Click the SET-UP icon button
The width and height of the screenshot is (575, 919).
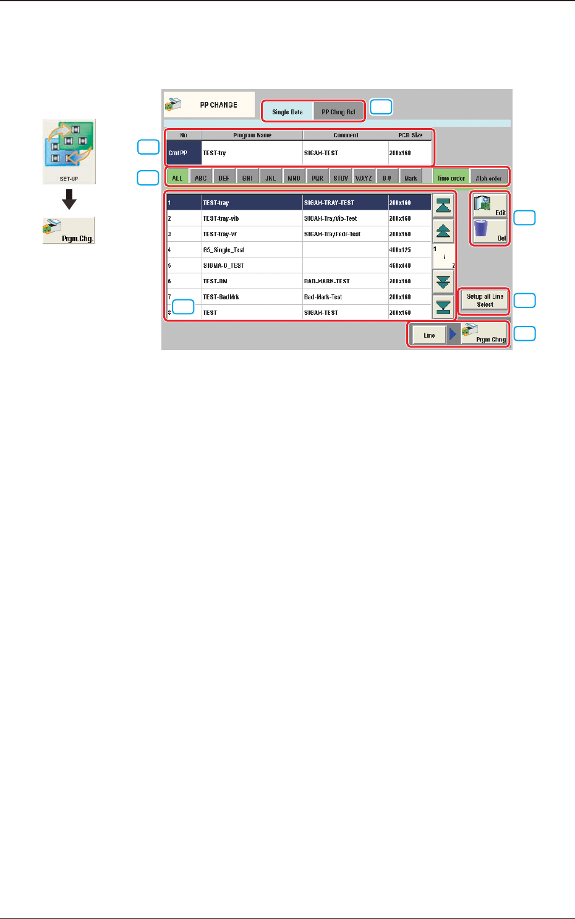coord(69,151)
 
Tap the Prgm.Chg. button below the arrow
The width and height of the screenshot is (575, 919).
coord(69,231)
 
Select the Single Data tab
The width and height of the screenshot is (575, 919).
coord(287,112)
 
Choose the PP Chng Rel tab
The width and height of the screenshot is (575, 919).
coord(338,112)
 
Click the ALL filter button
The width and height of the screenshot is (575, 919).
coord(177,178)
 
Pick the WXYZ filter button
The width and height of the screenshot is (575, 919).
coord(364,178)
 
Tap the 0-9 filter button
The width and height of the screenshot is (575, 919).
coord(386,178)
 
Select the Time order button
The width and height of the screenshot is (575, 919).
coord(451,178)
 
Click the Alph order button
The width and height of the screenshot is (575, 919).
coord(489,178)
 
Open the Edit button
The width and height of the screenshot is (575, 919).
coord(490,205)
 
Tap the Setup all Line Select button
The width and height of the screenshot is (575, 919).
coord(485,301)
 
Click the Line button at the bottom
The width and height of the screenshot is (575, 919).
coord(429,335)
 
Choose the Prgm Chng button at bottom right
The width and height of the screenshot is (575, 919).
coord(485,335)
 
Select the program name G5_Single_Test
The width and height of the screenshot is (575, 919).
coord(224,250)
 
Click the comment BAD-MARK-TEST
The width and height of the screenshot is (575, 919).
coord(327,281)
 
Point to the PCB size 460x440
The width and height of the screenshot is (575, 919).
coord(400,265)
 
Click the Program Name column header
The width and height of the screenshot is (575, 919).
coord(252,135)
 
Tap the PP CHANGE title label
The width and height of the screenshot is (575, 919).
coord(218,105)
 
